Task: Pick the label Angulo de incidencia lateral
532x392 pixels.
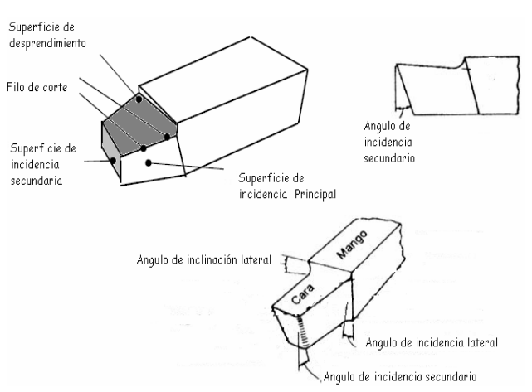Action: [x=430, y=341]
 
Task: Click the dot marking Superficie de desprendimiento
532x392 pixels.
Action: [x=138, y=99]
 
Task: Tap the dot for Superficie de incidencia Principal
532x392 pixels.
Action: [x=148, y=162]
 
